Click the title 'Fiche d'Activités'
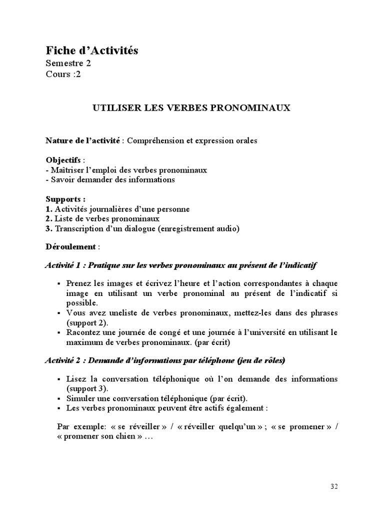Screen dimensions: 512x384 (x=92, y=50)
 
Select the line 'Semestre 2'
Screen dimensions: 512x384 (x=68, y=63)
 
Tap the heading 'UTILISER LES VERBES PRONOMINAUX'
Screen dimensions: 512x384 (x=191, y=107)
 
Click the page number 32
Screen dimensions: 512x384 (x=334, y=486)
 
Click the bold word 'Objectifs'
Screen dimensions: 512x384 (x=64, y=160)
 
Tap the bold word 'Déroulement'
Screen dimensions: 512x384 (x=70, y=246)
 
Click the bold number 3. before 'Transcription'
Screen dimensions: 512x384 (x=49, y=228)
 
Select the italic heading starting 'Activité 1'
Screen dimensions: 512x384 (x=181, y=264)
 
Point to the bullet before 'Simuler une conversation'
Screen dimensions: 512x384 (x=60, y=398)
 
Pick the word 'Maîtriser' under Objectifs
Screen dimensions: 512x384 (x=68, y=170)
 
